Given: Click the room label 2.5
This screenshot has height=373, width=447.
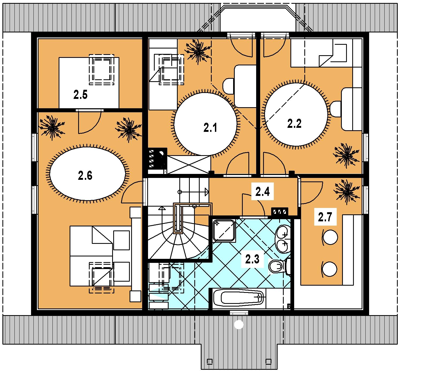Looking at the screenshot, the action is tap(80, 95).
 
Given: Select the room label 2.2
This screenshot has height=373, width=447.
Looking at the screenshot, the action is tap(294, 124).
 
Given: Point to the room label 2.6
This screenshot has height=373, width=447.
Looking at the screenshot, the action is tap(85, 176).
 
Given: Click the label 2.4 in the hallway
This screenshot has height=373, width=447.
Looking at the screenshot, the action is tap(263, 192).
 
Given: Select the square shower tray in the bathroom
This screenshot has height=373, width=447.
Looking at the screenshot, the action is tap(224, 230).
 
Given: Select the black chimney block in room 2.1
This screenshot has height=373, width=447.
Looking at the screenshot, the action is tap(158, 158).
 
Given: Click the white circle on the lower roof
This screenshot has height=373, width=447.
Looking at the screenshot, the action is tap(238, 324).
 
